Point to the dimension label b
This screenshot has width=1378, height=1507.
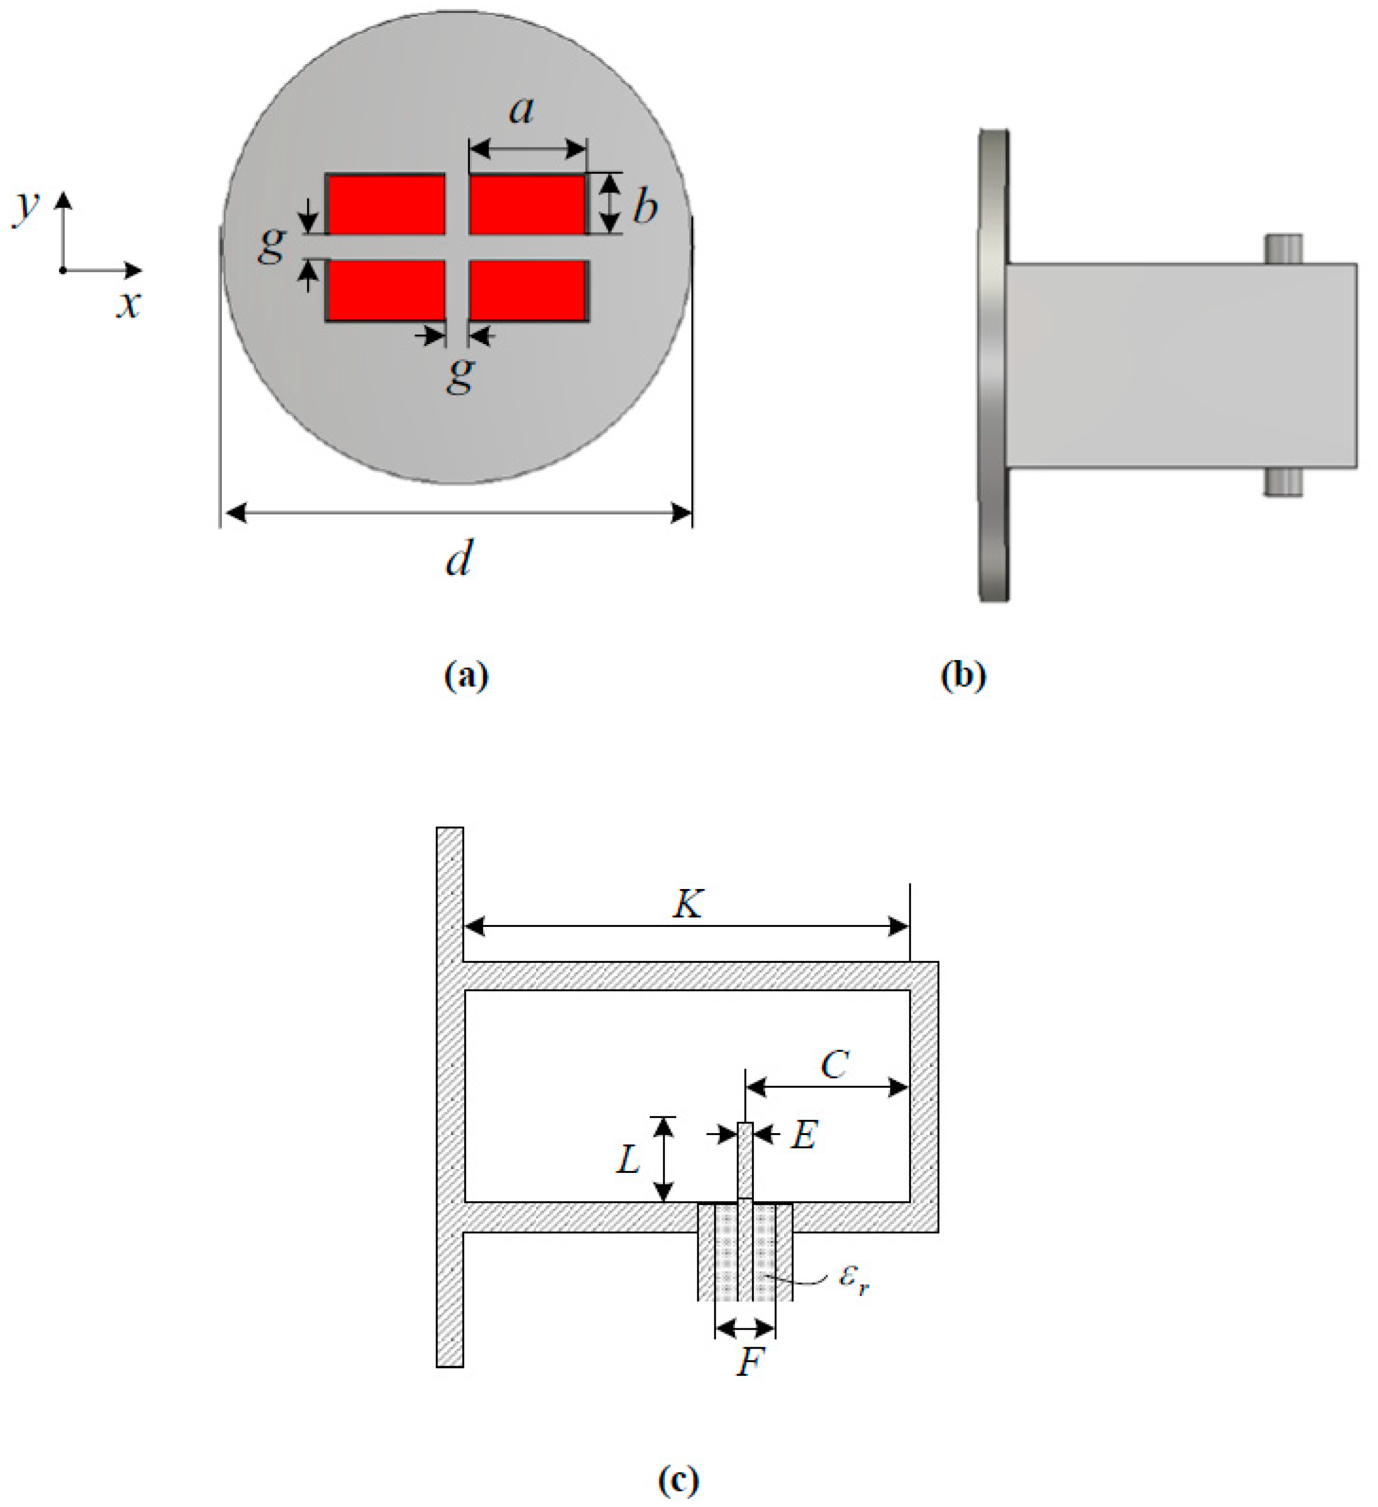click(645, 206)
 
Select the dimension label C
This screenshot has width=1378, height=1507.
click(834, 1064)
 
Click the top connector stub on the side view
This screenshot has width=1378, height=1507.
click(1283, 248)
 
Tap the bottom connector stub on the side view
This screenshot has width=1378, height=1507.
click(1283, 482)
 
